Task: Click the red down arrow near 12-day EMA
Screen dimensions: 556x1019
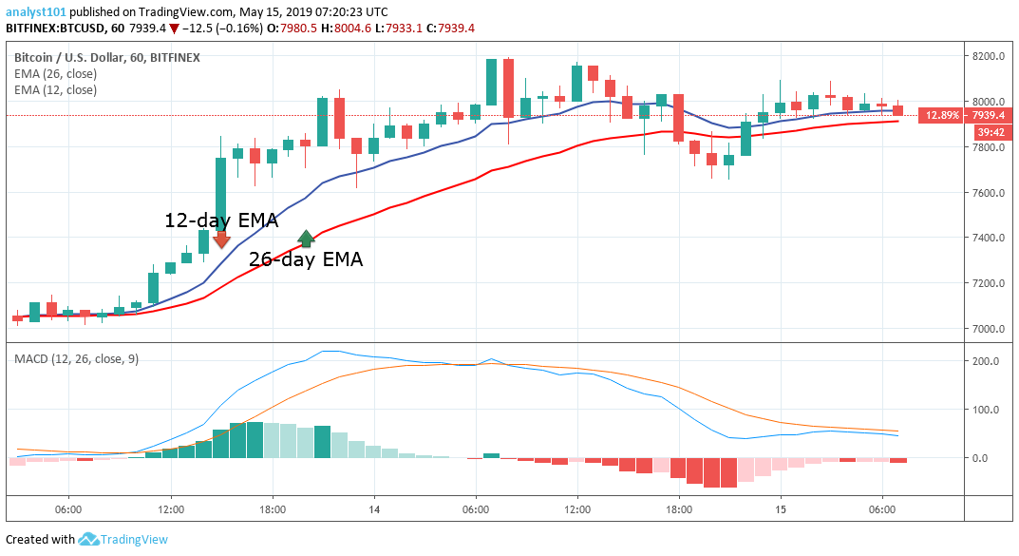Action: tap(221, 240)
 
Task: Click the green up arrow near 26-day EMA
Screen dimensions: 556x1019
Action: tap(306, 239)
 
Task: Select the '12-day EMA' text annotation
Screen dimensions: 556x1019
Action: tap(221, 220)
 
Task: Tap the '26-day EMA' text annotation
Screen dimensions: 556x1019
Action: tap(306, 259)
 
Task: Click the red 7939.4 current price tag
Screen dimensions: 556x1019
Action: tap(989, 115)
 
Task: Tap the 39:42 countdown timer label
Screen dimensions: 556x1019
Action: tap(987, 131)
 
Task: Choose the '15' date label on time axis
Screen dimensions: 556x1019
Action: tap(780, 508)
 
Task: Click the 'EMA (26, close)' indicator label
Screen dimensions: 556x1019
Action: tap(55, 73)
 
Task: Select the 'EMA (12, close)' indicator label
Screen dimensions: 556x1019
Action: tap(55, 90)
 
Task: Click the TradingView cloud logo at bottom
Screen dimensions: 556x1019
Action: tap(89, 539)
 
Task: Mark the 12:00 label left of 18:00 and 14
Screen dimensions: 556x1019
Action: tap(171, 508)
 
